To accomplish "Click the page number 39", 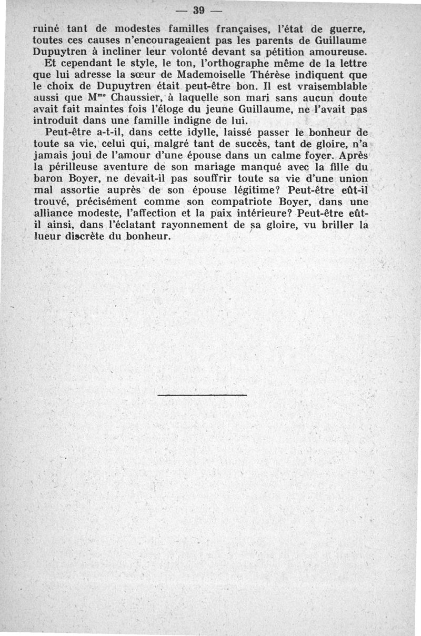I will [198, 11].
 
